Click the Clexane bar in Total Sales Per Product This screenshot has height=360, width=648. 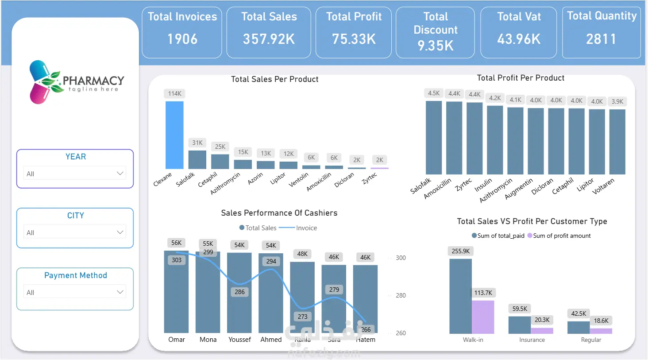pyautogui.click(x=174, y=135)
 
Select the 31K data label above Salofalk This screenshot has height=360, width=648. pyautogui.click(x=197, y=143)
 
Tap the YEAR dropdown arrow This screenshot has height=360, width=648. pyautogui.click(x=120, y=173)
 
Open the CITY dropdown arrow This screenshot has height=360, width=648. pyautogui.click(x=120, y=232)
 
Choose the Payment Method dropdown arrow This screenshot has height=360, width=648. pyautogui.click(x=120, y=292)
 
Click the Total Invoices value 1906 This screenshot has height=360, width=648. pyautogui.click(x=182, y=39)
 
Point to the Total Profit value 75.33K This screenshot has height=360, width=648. pyautogui.click(x=354, y=39)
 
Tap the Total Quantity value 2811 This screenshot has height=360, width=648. pyautogui.click(x=601, y=39)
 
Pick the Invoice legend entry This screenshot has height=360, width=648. pyautogui.click(x=306, y=228)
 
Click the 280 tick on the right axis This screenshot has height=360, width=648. pyautogui.click(x=401, y=295)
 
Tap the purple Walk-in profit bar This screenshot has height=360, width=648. pyautogui.click(x=483, y=317)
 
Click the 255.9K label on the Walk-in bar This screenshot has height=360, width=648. pyautogui.click(x=461, y=251)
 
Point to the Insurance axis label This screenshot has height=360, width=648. pyautogui.click(x=532, y=340)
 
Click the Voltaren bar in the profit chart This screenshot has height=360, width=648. pyautogui.click(x=617, y=142)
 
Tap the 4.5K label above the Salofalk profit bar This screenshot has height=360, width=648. pyautogui.click(x=434, y=93)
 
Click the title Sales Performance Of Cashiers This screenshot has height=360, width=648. pyautogui.click(x=279, y=213)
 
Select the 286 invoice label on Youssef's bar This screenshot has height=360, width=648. pyautogui.click(x=239, y=292)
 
